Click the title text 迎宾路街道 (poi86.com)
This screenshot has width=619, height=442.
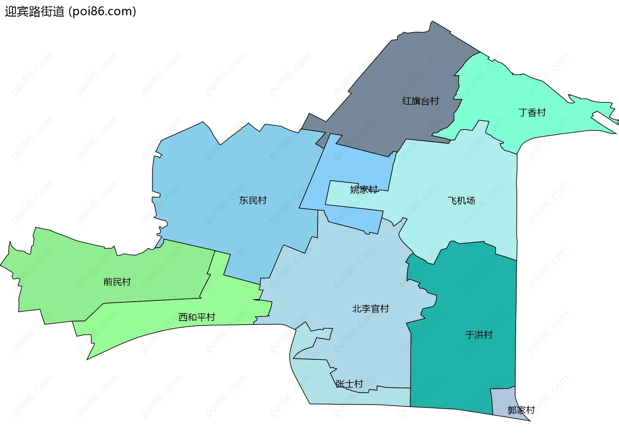click(70, 12)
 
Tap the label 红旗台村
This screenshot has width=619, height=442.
click(420, 101)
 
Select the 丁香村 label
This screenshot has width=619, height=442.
click(532, 113)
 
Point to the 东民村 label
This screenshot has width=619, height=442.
click(253, 200)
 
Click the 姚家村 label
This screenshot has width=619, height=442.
click(364, 189)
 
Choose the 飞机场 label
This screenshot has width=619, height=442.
click(461, 201)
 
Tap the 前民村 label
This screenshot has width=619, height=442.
click(117, 282)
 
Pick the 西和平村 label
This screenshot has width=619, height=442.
click(197, 317)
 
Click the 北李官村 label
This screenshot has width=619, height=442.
click(370, 309)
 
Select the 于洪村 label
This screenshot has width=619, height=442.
click(479, 335)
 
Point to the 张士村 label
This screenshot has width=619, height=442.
click(349, 384)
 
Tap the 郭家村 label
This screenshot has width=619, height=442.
click(521, 410)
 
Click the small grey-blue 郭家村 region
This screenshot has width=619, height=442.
click(503, 399)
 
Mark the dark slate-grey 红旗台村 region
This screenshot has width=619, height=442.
click(403, 71)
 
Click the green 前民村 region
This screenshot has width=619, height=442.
click(81, 274)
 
